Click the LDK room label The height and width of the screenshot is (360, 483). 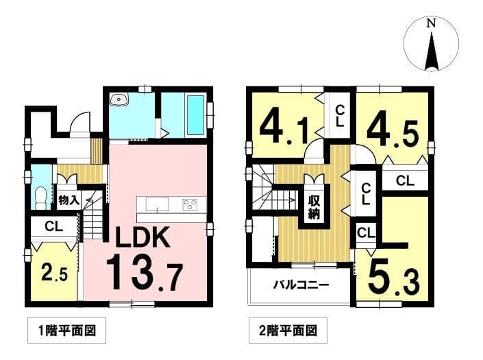point(143,237)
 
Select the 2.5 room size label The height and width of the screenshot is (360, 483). point(54,272)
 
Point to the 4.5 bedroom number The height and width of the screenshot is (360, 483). point(393,133)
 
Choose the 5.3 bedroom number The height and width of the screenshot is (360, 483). point(394,280)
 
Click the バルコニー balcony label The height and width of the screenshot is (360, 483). point(301,285)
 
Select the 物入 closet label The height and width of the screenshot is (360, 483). point(69,200)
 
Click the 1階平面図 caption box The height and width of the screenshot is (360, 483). point(67,331)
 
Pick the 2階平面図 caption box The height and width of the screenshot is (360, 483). point(288,331)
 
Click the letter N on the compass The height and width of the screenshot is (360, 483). point(431,23)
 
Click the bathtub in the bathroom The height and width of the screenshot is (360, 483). point(196,115)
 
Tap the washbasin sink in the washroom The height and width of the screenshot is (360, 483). point(119,100)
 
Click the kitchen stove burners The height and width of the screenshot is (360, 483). point(190,204)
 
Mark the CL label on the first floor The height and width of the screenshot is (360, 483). point(54,226)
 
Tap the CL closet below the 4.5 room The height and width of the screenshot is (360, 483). point(405,181)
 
